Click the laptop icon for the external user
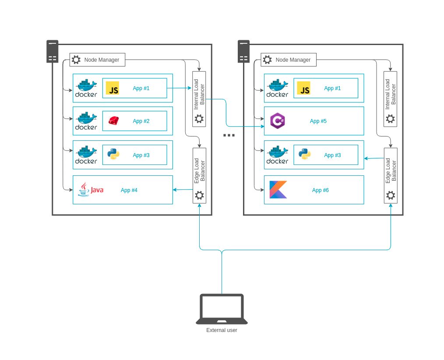coord(222,309)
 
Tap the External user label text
coord(222,330)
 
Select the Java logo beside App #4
coord(90,190)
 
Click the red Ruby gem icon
coord(113,121)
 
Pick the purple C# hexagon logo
coord(278,121)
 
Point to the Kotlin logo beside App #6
coord(278,190)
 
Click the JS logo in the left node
coord(113,88)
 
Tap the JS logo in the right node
coord(303,88)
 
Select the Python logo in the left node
coord(113,154)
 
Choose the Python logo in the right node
coord(305,154)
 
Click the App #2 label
coord(141,121)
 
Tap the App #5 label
coord(318,121)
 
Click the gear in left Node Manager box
coord(76,60)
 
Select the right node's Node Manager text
coord(293,60)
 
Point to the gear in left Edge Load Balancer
coord(199,195)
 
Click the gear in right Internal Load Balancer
coord(390,119)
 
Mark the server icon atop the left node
coord(53,52)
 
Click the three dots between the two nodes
coord(229,135)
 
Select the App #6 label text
coord(320,190)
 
